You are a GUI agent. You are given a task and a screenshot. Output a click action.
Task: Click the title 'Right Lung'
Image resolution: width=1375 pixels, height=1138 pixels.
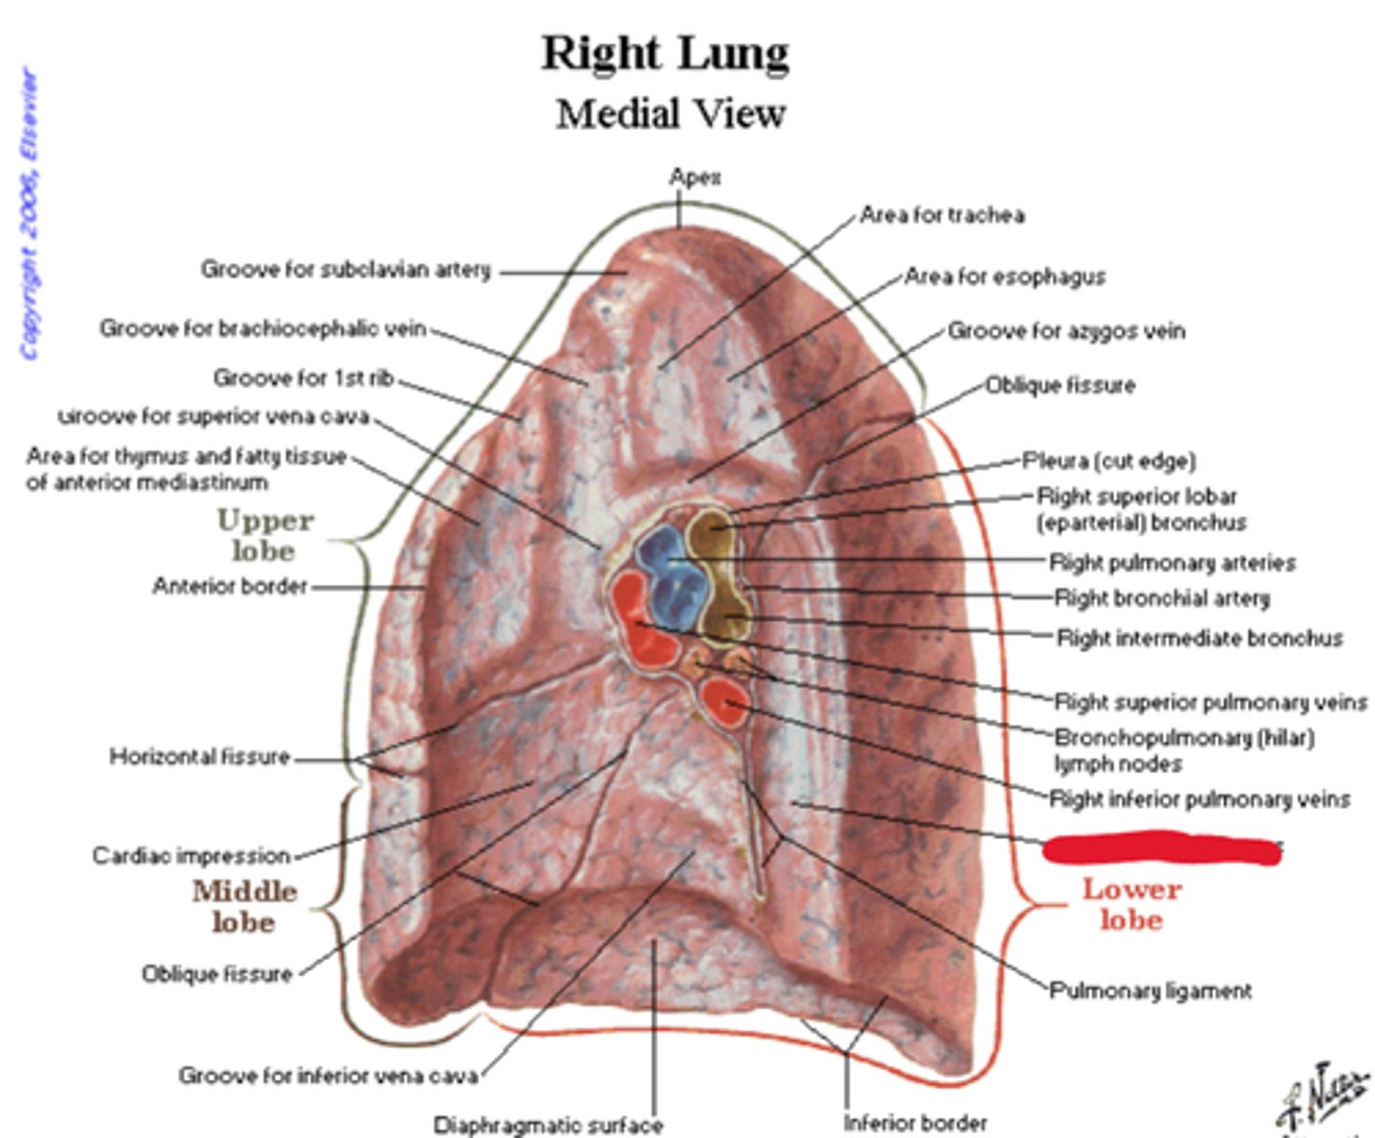click(666, 53)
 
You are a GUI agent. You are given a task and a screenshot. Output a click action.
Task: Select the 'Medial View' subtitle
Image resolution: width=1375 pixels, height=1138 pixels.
click(670, 115)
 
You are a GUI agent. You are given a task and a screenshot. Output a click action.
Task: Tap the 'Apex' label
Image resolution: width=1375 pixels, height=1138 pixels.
click(694, 177)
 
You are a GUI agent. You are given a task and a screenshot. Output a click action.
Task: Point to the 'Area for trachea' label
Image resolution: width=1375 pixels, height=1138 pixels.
click(941, 215)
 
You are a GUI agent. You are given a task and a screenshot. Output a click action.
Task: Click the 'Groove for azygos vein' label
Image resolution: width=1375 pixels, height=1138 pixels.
click(1066, 331)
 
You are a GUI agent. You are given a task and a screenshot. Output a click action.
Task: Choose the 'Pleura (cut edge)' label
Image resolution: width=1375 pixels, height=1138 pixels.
click(1109, 461)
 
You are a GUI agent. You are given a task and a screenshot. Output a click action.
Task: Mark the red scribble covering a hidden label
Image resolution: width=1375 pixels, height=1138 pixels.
click(1161, 848)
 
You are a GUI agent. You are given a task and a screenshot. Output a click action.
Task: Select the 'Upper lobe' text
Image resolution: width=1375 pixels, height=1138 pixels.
click(264, 536)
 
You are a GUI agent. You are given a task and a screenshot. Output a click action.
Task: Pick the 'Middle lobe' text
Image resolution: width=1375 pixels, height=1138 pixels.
click(244, 906)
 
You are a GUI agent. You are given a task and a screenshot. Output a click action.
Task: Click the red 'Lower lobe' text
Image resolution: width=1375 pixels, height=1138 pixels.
click(1132, 903)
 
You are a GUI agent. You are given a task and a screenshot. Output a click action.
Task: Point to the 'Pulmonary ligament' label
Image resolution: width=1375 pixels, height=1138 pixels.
click(1150, 991)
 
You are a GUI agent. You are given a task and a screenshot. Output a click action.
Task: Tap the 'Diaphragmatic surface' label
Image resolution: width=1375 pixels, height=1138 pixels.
click(548, 1125)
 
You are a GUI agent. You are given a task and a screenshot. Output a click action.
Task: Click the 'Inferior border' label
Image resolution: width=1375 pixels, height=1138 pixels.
click(915, 1123)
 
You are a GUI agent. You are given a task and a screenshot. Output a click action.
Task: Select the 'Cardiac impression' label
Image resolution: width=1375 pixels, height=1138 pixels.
click(191, 855)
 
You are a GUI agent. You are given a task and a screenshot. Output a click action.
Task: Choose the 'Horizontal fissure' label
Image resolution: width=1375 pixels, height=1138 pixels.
click(199, 757)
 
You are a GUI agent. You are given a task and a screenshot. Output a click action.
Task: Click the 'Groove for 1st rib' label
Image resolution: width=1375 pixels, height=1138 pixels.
click(303, 379)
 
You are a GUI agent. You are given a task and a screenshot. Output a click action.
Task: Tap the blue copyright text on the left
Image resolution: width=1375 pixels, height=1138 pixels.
click(31, 214)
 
